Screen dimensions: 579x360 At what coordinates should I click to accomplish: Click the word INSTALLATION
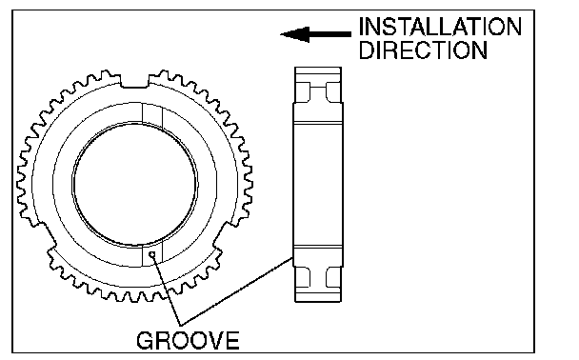pyautogui.click(x=440, y=27)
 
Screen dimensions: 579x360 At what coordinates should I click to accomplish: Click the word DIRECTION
pyautogui.click(x=423, y=50)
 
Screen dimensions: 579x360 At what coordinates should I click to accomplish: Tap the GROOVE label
pyautogui.click(x=188, y=340)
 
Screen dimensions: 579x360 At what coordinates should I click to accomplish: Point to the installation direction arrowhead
pyautogui.click(x=294, y=34)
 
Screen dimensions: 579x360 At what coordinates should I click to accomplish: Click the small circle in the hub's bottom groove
pyautogui.click(x=151, y=254)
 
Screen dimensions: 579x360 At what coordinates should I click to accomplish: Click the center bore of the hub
pyautogui.click(x=135, y=184)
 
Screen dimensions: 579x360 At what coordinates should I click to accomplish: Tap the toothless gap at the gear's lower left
pyautogui.click(x=45, y=236)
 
